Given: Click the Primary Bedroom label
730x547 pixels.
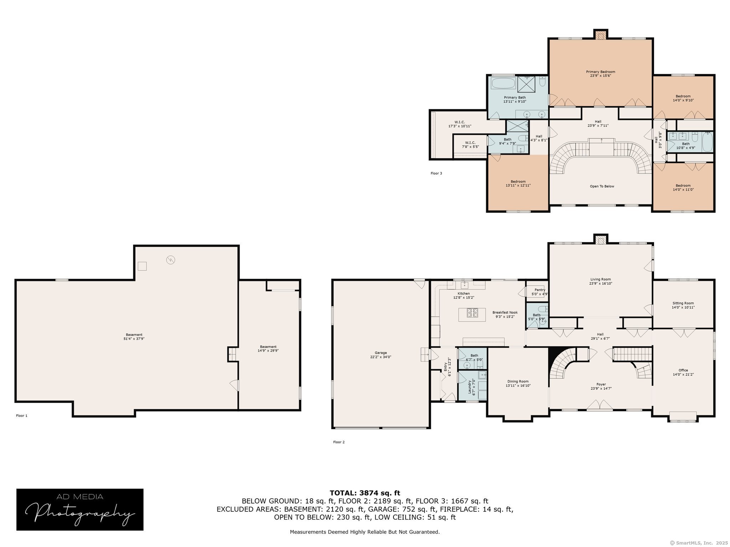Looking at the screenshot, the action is [601, 72].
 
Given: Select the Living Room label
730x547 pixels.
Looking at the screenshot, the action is [601, 280].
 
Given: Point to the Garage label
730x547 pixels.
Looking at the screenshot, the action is [381, 353].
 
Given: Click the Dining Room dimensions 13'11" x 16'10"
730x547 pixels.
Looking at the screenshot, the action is [518, 385].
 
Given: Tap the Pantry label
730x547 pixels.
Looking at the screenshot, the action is [540, 290].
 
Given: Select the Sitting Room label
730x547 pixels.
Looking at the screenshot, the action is [683, 303].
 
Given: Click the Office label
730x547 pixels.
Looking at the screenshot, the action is [683, 370].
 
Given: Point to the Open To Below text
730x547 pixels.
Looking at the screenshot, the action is [602, 186].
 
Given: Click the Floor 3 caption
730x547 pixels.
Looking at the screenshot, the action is [436, 173].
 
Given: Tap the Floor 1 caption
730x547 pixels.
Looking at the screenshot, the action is [22, 416].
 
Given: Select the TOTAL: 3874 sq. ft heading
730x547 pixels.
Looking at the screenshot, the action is [365, 493].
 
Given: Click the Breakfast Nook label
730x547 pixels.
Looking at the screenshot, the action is [505, 312].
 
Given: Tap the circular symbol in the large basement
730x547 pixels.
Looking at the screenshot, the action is [171, 260].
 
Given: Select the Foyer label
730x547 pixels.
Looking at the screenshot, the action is [601, 384].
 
